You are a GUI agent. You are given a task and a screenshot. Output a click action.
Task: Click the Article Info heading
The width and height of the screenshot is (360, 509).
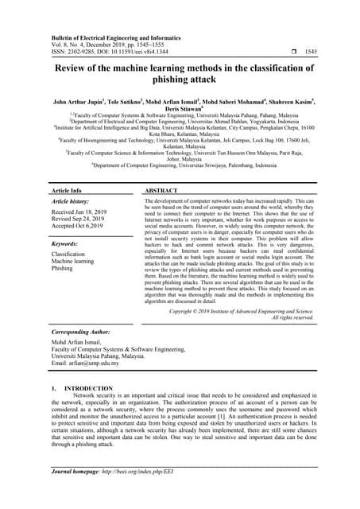[66, 191]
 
